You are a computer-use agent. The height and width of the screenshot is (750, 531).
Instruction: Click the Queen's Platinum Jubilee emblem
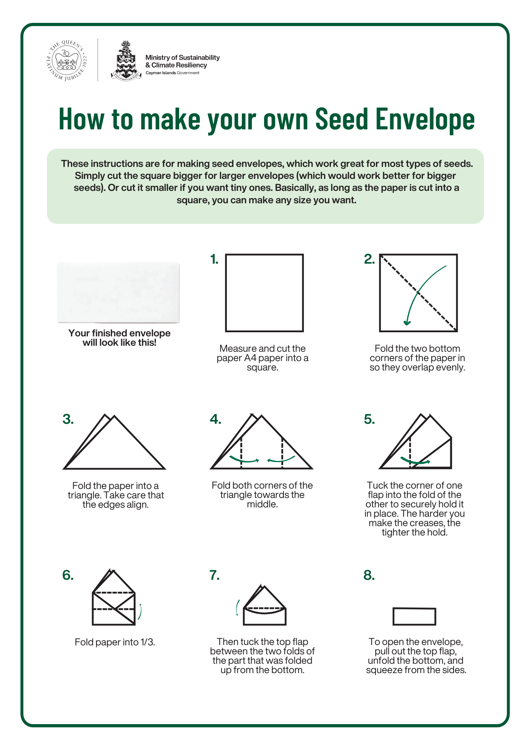[x=67, y=60]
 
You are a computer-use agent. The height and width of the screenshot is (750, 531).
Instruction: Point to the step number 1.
[x=214, y=259]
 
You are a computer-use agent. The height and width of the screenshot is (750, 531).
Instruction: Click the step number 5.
[x=369, y=419]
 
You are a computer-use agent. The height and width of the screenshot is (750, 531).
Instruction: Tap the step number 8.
[x=369, y=575]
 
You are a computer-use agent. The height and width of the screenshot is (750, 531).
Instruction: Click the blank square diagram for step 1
[x=264, y=293]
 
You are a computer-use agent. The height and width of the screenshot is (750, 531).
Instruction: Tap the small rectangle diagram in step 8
[x=414, y=616]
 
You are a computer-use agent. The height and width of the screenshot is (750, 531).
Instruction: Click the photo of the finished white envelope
[x=119, y=292]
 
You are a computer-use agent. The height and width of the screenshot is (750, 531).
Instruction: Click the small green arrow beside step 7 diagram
[x=237, y=607]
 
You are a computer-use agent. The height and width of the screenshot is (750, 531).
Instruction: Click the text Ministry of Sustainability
[x=183, y=57]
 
